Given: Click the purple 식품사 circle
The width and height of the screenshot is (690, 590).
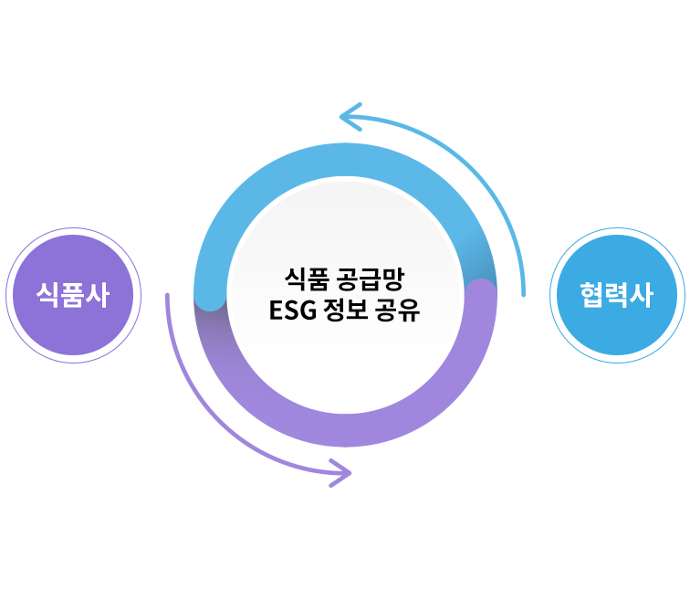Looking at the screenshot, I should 72,295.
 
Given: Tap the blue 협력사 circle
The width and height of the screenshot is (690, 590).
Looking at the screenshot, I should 618,295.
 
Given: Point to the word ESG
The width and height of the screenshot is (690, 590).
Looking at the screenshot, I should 291,311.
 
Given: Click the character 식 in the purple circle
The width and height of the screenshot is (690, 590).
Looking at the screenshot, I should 47,295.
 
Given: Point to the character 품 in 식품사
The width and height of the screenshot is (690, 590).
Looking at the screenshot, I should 72,295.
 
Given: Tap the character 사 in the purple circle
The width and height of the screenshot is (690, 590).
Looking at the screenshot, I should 97,295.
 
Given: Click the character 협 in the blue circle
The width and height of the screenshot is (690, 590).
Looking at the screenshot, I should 593,295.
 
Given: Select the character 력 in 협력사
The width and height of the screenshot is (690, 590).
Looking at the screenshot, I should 618,295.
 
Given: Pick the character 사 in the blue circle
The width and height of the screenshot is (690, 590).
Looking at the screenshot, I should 643,295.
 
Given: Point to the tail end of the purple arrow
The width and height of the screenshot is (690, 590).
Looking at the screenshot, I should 167,297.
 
